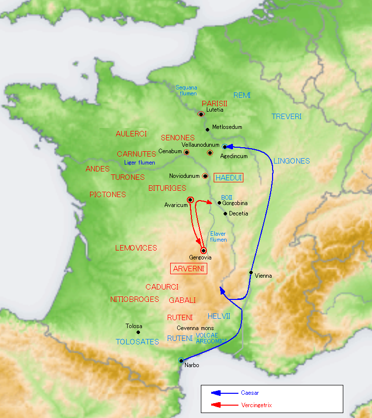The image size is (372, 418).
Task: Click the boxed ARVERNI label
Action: pyautogui.click(x=188, y=269)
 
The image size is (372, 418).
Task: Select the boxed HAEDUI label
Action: pyautogui.click(x=229, y=177)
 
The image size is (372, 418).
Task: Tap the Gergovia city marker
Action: pyautogui.click(x=203, y=251)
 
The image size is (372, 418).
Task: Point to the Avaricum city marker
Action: pyautogui.click(x=190, y=200)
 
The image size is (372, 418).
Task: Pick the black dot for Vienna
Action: pyautogui.click(x=251, y=273)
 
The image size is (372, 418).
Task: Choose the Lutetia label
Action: pyautogui.click(x=215, y=110)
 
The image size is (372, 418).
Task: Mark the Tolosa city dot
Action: pyautogui.click(x=138, y=332)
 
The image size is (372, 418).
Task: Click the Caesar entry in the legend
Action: pyautogui.click(x=250, y=393)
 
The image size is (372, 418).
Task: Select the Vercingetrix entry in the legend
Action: pyautogui.click(x=256, y=405)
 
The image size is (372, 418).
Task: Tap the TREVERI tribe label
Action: pyautogui.click(x=286, y=117)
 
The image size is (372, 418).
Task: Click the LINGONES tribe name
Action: pyautogui.click(x=291, y=161)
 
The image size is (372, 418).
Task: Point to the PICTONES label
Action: pyautogui.click(x=107, y=195)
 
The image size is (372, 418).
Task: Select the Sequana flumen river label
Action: pyautogui.click(x=186, y=90)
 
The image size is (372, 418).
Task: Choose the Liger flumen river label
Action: pyautogui.click(x=139, y=163)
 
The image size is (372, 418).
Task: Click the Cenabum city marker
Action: pyautogui.click(x=186, y=152)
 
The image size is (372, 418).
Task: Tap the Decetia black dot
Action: pyautogui.click(x=226, y=213)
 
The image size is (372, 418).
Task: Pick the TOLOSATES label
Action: pyautogui.click(x=138, y=341)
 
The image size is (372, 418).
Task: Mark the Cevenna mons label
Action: pyautogui.click(x=195, y=328)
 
